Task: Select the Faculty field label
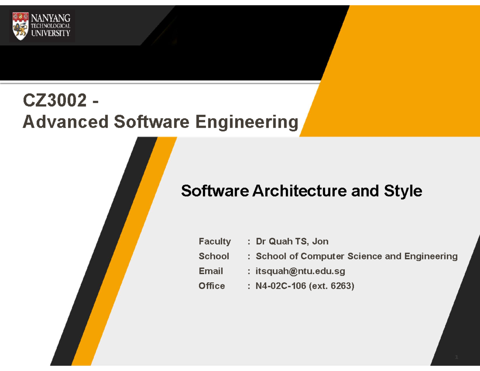[214, 241]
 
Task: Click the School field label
[214, 256]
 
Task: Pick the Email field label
[211, 271]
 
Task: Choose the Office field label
[212, 286]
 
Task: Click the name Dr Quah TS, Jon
[292, 241]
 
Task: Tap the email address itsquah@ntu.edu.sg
[300, 271]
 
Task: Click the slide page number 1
[457, 357]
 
